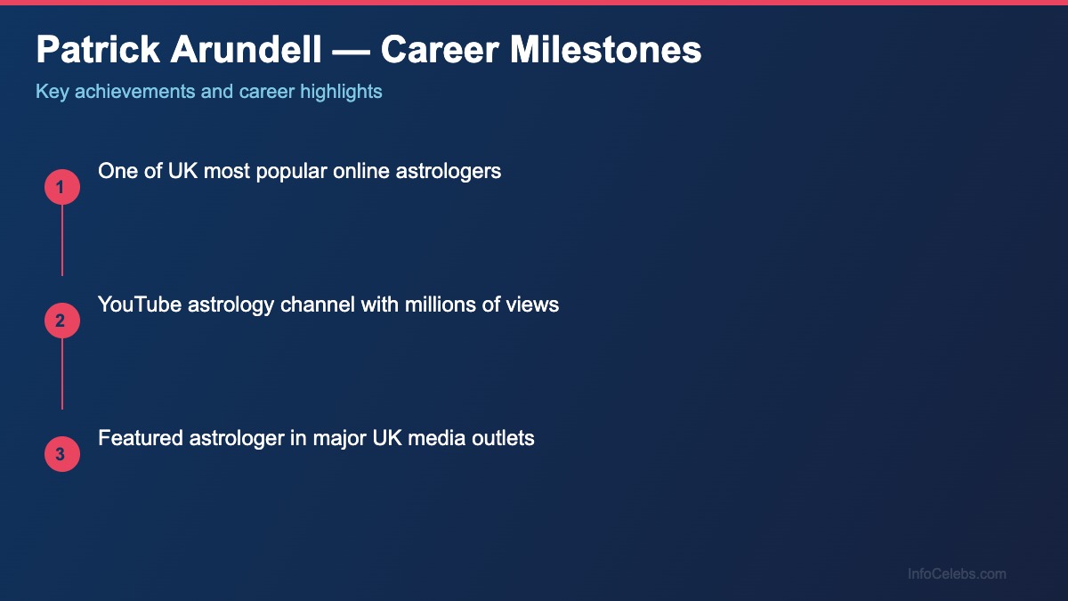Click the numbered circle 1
(x=62, y=187)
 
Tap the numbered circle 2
(x=62, y=321)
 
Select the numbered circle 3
(x=62, y=454)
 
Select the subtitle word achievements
(x=134, y=92)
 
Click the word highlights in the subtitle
(x=342, y=92)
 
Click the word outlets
(x=502, y=438)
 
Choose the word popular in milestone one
(x=289, y=171)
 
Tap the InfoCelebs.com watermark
(x=957, y=574)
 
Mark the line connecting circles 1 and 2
(x=62, y=240)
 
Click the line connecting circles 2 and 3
(x=62, y=374)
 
